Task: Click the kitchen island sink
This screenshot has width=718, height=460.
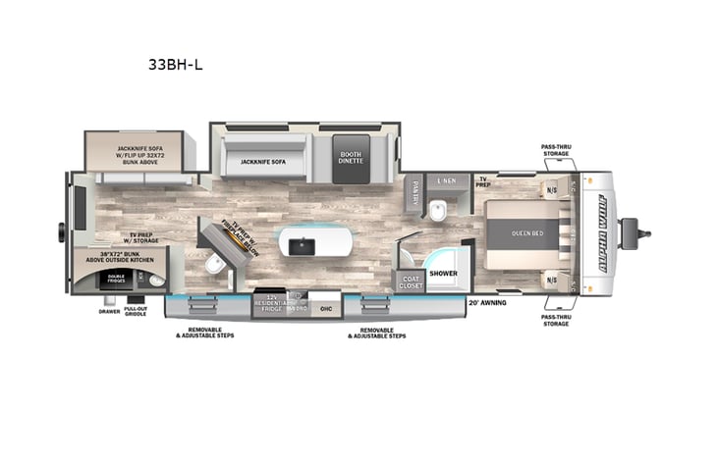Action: click(x=305, y=243)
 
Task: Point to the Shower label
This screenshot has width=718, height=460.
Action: click(x=444, y=273)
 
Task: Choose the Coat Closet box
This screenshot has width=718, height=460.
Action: click(x=411, y=281)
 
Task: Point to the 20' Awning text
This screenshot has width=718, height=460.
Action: click(x=486, y=302)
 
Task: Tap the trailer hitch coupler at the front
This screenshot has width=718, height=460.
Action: click(x=644, y=233)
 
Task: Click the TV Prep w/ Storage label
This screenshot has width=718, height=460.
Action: click(x=144, y=238)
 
